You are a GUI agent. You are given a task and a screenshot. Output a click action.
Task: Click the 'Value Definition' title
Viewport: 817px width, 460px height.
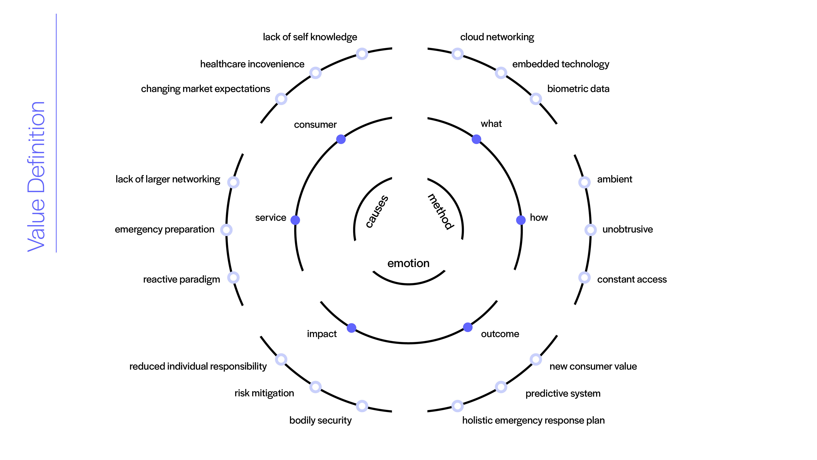pyautogui.click(x=36, y=177)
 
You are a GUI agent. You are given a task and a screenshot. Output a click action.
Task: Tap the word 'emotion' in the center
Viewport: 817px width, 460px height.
pyautogui.click(x=408, y=263)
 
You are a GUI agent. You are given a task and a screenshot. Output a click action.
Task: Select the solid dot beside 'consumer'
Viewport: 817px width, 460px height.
pyautogui.click(x=341, y=139)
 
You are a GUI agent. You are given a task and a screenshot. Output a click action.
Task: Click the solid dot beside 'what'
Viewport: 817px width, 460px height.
pyautogui.click(x=476, y=139)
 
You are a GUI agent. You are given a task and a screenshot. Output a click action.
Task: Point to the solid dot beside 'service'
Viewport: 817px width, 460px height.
pyautogui.click(x=295, y=220)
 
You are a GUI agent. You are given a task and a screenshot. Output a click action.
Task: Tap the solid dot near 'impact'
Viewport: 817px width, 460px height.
pyautogui.click(x=351, y=328)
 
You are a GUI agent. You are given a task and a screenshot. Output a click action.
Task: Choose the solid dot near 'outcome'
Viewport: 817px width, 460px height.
pyautogui.click(x=467, y=327)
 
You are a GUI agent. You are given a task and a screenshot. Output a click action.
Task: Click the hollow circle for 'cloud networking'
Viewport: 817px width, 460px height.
pyautogui.click(x=457, y=54)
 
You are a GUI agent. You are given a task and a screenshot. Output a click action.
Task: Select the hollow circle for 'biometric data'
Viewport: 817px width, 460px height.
pyautogui.click(x=535, y=99)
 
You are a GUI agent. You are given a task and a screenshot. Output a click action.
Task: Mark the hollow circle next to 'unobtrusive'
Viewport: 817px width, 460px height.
pyautogui.click(x=590, y=230)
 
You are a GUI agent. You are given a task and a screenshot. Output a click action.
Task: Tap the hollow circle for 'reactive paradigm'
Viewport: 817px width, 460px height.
pyautogui.click(x=233, y=277)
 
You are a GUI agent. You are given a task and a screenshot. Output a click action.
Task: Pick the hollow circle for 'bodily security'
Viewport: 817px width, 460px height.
pyautogui.click(x=362, y=406)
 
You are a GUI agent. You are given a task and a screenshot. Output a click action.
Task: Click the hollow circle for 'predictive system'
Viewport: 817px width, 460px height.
pyautogui.click(x=501, y=387)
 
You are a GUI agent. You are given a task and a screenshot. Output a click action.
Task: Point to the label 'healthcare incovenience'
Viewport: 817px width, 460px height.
pyautogui.click(x=252, y=64)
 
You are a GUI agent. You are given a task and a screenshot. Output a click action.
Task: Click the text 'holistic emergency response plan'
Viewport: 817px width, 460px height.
pyautogui.click(x=533, y=420)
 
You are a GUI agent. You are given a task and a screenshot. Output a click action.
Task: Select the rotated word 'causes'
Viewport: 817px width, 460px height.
pyautogui.click(x=377, y=211)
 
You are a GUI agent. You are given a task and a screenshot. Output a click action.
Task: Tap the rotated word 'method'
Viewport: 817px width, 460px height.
pyautogui.click(x=441, y=211)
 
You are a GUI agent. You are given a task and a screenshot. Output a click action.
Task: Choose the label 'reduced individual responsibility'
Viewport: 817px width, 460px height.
pyautogui.click(x=198, y=366)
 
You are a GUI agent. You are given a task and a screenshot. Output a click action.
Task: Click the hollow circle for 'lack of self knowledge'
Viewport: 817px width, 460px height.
pyautogui.click(x=362, y=54)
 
